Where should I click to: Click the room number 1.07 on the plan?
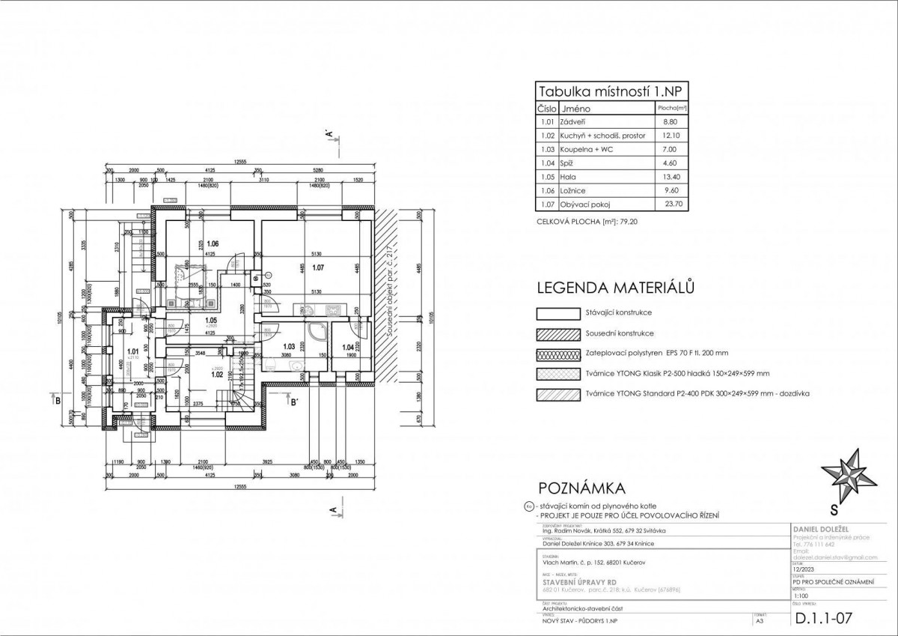(x=319, y=267)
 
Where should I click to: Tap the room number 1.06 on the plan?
(x=213, y=244)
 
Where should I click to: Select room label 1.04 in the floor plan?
(x=347, y=347)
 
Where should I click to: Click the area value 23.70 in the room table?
(x=672, y=203)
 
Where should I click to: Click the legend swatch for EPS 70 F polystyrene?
(x=559, y=352)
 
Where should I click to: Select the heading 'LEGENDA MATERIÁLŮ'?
(x=617, y=288)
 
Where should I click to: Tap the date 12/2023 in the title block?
(x=806, y=569)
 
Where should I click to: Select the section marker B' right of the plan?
(x=295, y=402)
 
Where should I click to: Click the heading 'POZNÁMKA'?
(x=581, y=490)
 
